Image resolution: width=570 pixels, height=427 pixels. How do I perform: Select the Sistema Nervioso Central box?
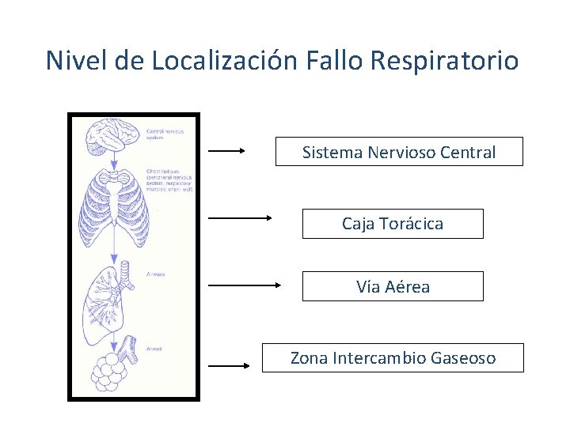click(399, 152)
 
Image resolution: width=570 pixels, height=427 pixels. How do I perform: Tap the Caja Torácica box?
click(393, 224)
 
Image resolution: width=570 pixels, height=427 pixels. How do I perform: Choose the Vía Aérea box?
click(393, 286)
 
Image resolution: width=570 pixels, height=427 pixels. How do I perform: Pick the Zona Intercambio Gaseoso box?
click(393, 358)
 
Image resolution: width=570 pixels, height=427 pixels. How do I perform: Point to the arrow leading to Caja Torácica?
click(240, 217)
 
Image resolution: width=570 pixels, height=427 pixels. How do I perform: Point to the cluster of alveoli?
click(112, 372)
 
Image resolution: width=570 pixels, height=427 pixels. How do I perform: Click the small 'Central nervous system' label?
click(165, 134)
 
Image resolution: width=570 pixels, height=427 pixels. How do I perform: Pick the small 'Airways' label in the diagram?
click(155, 274)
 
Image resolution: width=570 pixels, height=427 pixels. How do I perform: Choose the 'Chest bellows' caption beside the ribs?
click(169, 179)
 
